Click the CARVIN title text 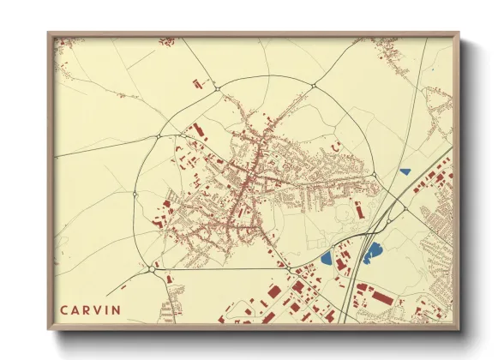(x=90, y=309)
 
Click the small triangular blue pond (x=405, y=171)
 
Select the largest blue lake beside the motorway (x=374, y=252)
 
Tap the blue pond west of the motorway (x=327, y=255)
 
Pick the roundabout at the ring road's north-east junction (x=315, y=86)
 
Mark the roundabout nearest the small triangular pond (x=375, y=176)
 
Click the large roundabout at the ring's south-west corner (x=153, y=267)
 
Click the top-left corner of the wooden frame (x=50, y=34)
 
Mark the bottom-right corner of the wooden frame (x=458, y=328)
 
